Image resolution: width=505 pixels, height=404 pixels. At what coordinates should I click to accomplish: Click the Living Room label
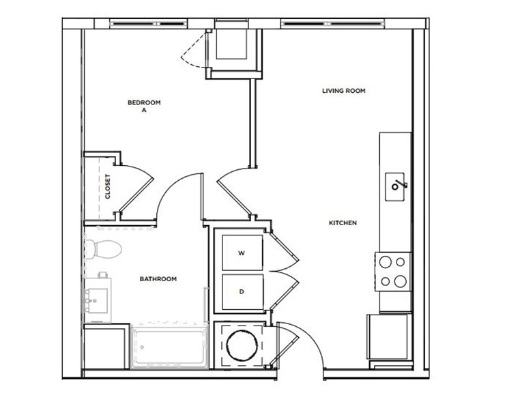(344, 89)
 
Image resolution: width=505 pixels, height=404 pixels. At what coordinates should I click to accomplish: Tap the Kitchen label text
(343, 223)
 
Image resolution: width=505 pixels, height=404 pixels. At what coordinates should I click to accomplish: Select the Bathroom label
(158, 278)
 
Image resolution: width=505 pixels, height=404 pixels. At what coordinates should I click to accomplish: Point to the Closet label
(108, 186)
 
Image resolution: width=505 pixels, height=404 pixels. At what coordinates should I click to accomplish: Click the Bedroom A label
(144, 106)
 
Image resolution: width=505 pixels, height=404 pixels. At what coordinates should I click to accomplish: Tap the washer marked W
(241, 252)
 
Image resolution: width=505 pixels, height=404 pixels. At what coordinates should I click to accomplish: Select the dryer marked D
(241, 291)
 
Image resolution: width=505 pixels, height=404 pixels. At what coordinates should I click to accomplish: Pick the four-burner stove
(392, 270)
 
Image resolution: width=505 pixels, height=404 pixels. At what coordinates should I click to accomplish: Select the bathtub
(169, 348)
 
